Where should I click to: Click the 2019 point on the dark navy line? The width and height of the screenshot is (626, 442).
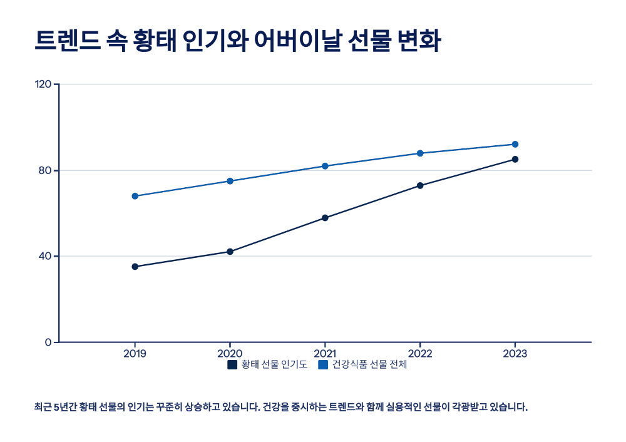pos(135,267)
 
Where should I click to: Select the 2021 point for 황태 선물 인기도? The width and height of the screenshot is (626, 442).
pos(325,218)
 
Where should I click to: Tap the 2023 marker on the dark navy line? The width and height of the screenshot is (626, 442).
pos(515,159)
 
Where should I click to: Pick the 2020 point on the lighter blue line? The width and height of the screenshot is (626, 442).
pos(230,181)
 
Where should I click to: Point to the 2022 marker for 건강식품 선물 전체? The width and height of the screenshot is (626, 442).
pos(420,153)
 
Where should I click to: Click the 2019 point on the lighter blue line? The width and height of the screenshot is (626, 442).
pos(135,196)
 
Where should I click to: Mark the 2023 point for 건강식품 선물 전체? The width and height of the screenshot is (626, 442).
pos(515,145)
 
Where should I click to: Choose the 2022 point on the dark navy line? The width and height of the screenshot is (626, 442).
pos(420,185)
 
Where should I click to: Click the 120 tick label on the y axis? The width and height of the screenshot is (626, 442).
pos(43,85)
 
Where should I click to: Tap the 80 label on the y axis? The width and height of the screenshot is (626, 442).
pos(45,170)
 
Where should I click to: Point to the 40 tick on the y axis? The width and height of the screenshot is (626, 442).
pos(45,256)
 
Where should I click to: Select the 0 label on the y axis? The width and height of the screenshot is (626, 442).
pos(48,342)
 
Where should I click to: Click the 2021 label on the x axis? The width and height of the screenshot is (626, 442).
pos(325,354)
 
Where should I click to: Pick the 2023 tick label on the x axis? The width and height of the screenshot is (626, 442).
pos(515,354)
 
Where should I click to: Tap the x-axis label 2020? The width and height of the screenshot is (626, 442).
pos(230,354)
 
